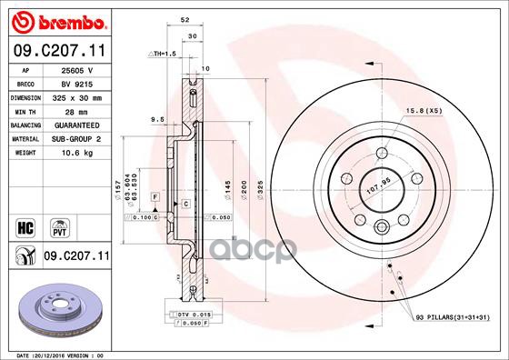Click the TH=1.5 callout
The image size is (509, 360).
[161, 55]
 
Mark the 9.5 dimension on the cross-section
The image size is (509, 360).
[157, 118]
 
